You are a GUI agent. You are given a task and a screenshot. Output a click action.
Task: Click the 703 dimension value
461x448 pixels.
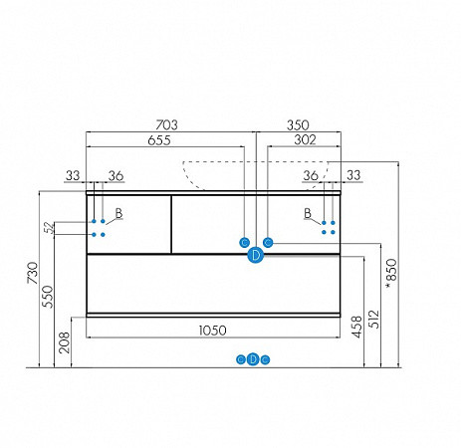pyautogui.click(x=166, y=125)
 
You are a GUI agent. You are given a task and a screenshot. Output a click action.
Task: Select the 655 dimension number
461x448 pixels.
pyautogui.click(x=159, y=140)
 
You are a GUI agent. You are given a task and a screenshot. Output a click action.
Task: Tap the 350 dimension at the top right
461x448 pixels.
pyautogui.click(x=298, y=125)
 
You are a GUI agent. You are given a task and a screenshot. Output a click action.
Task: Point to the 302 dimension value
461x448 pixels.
pyautogui.click(x=305, y=140)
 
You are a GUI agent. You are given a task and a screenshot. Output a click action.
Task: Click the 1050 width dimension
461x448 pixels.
pyautogui.click(x=213, y=331)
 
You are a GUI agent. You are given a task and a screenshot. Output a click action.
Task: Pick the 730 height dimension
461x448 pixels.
pyautogui.click(x=33, y=273)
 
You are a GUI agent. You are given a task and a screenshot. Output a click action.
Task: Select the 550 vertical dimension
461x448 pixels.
pyautogui.click(x=48, y=297)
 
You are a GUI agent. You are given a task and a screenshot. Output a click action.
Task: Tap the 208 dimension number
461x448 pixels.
pyautogui.click(x=64, y=342)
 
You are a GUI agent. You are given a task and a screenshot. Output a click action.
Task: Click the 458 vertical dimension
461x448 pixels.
pyautogui.click(x=356, y=327)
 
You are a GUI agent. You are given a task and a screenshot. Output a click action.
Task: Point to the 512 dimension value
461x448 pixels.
pyautogui.click(x=374, y=319)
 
